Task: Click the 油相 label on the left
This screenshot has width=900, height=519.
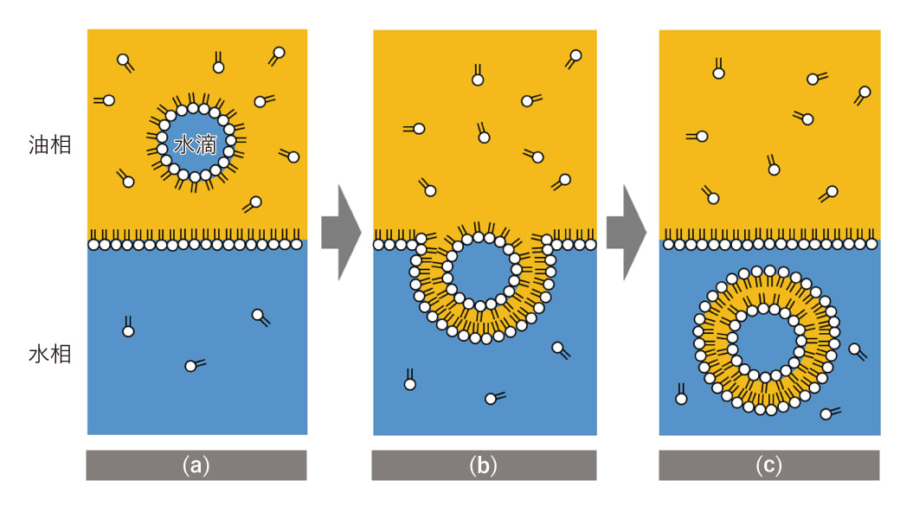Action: pyautogui.click(x=48, y=144)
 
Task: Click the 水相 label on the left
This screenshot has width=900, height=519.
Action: pyautogui.click(x=48, y=354)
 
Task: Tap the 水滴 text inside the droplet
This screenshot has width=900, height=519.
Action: pyautogui.click(x=195, y=144)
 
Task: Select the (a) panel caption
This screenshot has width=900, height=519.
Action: pyautogui.click(x=196, y=465)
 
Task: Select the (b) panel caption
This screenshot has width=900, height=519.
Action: pyautogui.click(x=483, y=465)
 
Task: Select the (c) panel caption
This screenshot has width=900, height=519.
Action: pyautogui.click(x=768, y=465)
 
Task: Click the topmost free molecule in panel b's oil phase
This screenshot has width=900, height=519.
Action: pyautogui.click(x=574, y=57)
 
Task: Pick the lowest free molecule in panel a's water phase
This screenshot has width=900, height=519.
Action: pyautogui.click(x=192, y=365)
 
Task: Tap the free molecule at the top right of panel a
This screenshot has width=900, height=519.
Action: pyautogui.click(x=278, y=54)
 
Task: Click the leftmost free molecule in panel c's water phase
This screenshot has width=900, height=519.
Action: pyautogui.click(x=681, y=397)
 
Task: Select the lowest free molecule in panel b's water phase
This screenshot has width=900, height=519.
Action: pyautogui.click(x=492, y=398)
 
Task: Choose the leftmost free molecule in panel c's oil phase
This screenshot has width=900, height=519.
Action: pyautogui.click(x=700, y=136)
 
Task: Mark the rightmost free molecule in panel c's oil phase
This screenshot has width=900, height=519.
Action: pyautogui.click(x=863, y=93)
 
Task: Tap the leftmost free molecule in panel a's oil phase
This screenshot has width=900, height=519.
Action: pyautogui.click(x=107, y=100)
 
